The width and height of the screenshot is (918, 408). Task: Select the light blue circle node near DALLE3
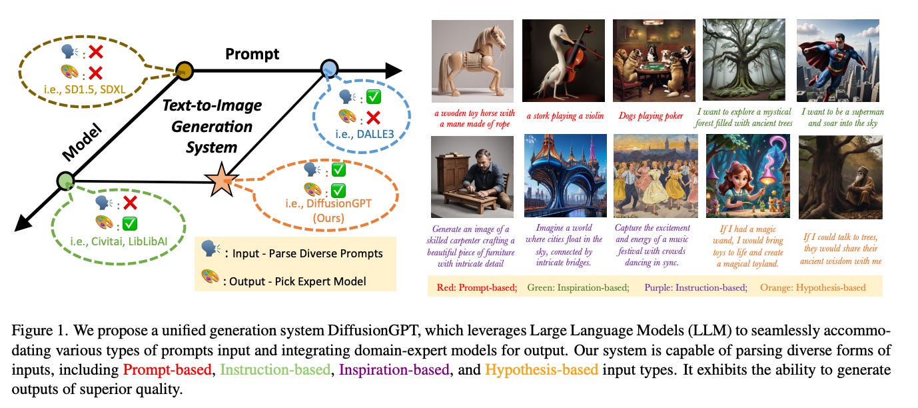point(329,68)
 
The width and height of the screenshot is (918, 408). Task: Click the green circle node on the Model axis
point(65,180)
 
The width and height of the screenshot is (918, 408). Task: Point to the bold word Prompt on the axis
point(252,53)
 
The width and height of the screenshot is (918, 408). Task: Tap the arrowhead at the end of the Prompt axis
point(392,69)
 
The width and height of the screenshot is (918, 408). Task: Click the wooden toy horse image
point(472,61)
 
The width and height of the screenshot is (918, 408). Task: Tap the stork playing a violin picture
point(563,61)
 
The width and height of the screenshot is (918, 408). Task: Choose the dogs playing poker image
point(654,61)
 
